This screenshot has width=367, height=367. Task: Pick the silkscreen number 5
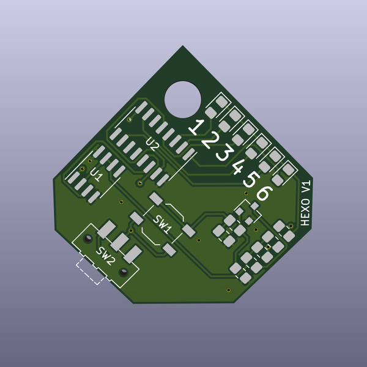pos(250,180)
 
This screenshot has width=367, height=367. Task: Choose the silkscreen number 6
pos(263,193)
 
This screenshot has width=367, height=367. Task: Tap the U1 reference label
pos(96,175)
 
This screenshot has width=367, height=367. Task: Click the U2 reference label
pos(152,145)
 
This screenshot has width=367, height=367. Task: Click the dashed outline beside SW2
pos(89,270)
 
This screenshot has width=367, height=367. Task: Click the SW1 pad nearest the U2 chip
pos(157,198)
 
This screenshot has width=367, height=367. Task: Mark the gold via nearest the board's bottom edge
pos(228,289)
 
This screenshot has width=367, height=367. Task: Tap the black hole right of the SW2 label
pos(123,270)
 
